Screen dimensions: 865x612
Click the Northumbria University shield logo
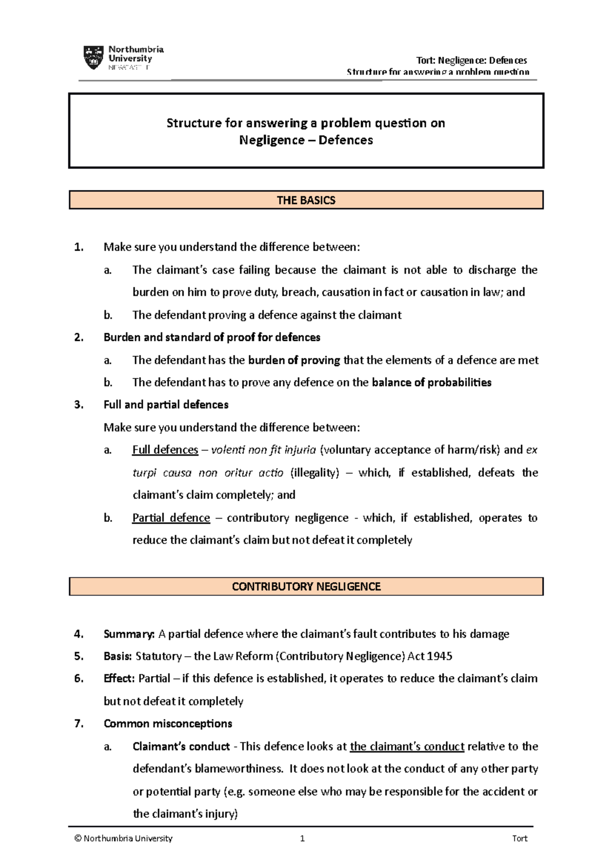pos(93,57)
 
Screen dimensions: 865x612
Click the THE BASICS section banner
pos(306,200)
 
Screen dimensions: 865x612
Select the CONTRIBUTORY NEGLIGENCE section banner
pos(306,586)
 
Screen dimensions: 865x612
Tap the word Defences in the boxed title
pos(345,140)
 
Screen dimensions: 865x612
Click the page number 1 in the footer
pos(302,839)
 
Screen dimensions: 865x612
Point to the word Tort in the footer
pos(520,839)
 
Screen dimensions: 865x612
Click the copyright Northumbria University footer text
pos(123,839)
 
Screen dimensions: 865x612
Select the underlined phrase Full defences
pos(165,450)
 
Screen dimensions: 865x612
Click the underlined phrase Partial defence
pos(171,518)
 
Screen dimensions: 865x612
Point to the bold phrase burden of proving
pos(294,360)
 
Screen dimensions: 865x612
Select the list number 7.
pos(79,724)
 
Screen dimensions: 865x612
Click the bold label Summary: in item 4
pos(129,634)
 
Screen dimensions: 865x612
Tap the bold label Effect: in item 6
pos(119,679)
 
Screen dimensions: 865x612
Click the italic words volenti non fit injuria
pos(263,450)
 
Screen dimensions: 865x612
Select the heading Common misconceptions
pos(168,724)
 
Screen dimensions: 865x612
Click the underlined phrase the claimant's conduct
pos(407,746)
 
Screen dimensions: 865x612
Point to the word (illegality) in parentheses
pos(314,473)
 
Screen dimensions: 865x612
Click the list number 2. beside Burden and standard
pos(79,337)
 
